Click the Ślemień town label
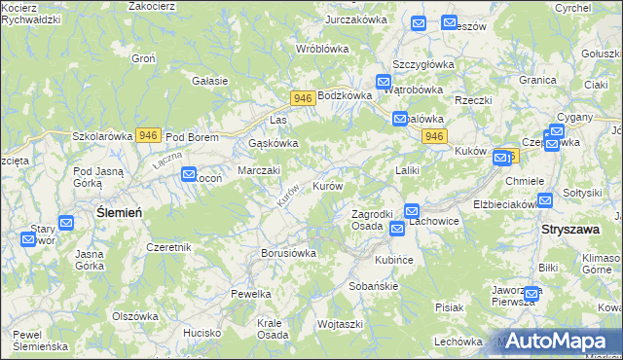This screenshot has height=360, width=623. (x=121, y=212)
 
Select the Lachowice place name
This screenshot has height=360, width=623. (x=433, y=221)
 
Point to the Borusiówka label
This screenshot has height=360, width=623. (x=289, y=253)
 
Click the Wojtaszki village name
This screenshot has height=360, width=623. (x=340, y=323)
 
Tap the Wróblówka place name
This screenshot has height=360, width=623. (x=322, y=48)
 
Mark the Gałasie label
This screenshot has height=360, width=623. (x=210, y=81)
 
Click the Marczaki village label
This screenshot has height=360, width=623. (x=260, y=170)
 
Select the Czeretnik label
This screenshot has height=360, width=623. (x=168, y=247)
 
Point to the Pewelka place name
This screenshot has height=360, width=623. (x=250, y=293)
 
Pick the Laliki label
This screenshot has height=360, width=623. (x=407, y=170)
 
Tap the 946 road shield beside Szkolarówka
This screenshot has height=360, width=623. (x=148, y=135)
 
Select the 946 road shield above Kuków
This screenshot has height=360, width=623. (x=434, y=136)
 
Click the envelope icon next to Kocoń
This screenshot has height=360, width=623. (x=189, y=174)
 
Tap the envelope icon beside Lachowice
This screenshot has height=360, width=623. (x=412, y=210)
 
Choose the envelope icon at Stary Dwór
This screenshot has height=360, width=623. (x=66, y=223)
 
